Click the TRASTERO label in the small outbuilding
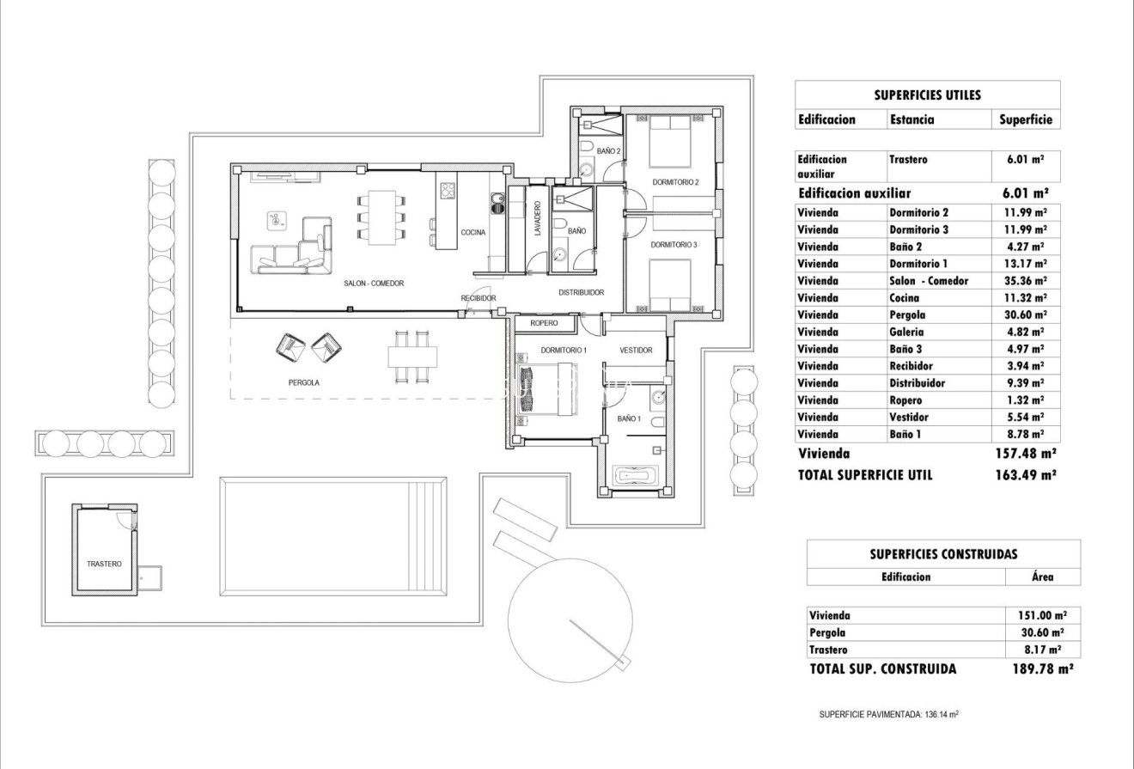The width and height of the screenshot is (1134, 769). tap(104, 564)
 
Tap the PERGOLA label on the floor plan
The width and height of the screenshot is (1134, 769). tap(304, 383)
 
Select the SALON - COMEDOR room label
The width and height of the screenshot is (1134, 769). tap(374, 283)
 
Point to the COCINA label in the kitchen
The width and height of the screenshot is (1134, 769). tap(472, 232)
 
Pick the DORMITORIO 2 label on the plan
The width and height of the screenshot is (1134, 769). tap(674, 182)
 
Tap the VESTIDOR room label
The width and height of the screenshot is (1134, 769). tap(636, 351)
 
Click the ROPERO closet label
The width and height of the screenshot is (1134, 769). tap(544, 323)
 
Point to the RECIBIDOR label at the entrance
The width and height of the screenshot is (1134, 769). tap(479, 298)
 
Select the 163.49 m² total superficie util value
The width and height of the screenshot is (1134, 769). tap(1022, 474)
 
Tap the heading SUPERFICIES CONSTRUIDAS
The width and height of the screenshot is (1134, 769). tap(943, 555)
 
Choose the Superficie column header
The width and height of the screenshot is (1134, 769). tap(1026, 119)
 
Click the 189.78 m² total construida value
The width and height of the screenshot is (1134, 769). tap(1043, 668)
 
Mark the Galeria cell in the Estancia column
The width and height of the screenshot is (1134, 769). tap(907, 332)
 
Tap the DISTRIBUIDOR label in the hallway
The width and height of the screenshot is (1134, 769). tap(581, 292)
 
